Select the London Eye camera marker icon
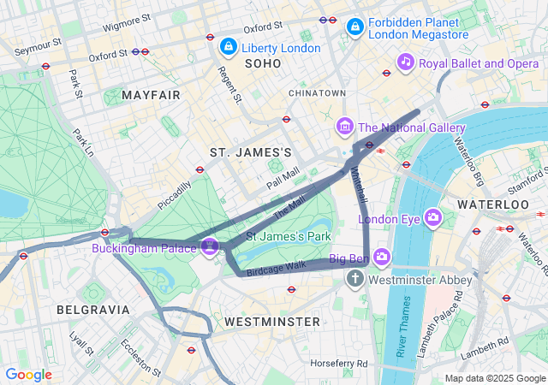(433, 217)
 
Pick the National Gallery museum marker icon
(345, 127)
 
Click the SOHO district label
(263, 64)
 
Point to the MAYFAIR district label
(151, 94)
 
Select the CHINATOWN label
(317, 92)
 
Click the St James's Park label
(289, 235)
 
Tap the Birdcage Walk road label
(276, 266)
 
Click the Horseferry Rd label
(339, 364)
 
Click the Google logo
(28, 375)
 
